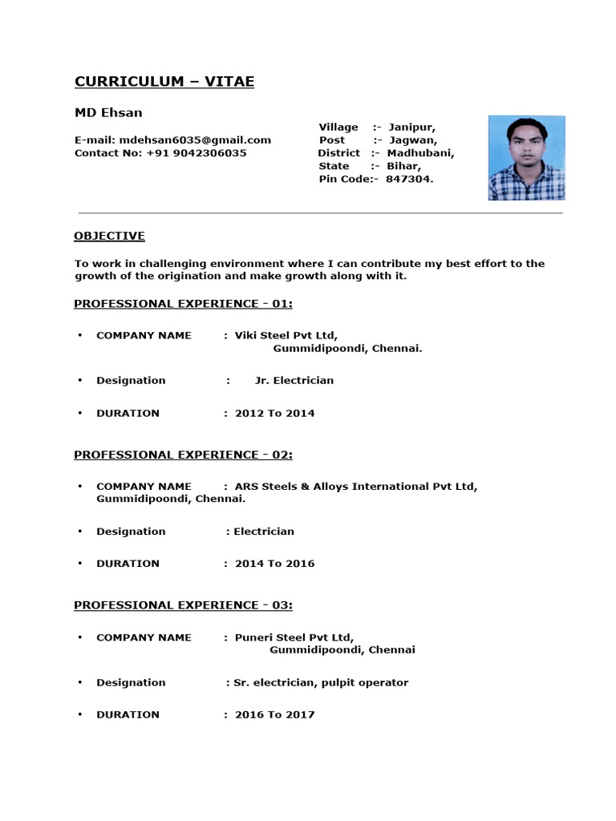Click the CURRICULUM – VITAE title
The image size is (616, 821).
[164, 82]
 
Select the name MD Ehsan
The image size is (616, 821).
[108, 113]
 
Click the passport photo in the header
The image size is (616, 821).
[526, 158]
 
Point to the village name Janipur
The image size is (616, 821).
[412, 127]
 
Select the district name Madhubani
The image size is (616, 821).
[420, 153]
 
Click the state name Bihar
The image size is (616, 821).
[403, 166]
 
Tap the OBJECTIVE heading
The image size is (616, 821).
[109, 236]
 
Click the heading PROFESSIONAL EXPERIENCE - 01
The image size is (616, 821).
[183, 304]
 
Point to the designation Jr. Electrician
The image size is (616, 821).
[294, 380]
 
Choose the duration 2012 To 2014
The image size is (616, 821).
[274, 413]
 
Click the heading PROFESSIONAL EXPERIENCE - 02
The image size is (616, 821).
[183, 455]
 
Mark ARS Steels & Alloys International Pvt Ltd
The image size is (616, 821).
[355, 486]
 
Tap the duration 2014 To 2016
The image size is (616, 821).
[274, 564]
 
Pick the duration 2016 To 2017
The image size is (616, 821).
[274, 714]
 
